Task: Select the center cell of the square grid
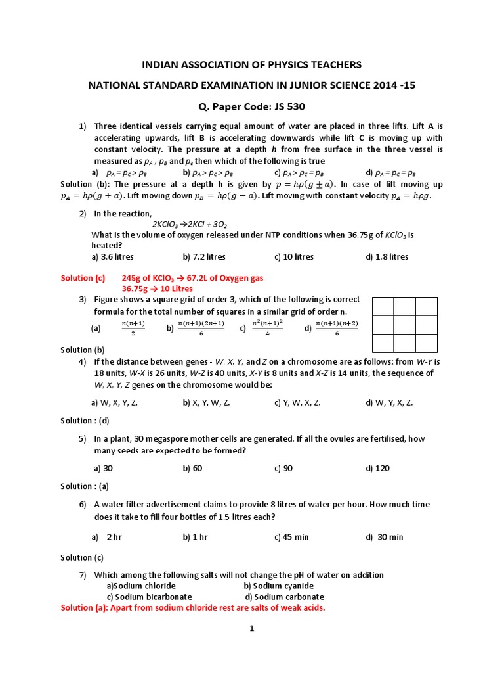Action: coord(404,325)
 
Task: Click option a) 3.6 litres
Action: coord(113,256)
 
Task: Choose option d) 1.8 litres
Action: coord(387,256)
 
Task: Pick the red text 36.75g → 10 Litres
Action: coord(157,289)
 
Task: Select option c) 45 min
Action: coord(291,537)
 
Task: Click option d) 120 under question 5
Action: coord(377,468)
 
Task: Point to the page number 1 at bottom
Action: coord(251,628)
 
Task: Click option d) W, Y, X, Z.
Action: coord(389,402)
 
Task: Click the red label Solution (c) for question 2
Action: coord(83,278)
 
